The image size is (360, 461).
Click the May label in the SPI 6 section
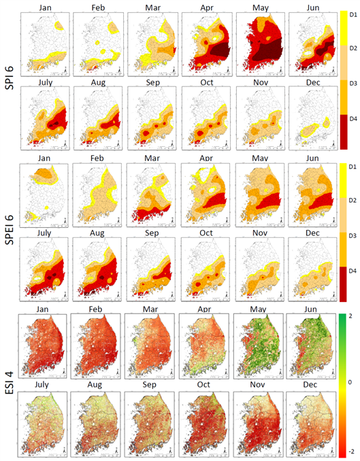(261, 8)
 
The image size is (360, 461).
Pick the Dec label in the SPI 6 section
(313, 83)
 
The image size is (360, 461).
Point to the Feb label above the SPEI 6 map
(97, 158)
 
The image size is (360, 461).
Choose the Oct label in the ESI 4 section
(203, 385)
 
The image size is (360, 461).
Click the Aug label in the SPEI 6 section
(97, 233)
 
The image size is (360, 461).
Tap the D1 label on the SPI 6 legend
(353, 14)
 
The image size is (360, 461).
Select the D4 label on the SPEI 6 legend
(353, 271)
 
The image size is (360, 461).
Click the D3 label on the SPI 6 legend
(353, 84)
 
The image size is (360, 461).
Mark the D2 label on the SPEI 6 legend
(353, 200)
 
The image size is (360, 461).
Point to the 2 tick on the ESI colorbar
(350, 316)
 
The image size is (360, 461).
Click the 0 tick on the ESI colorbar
(350, 383)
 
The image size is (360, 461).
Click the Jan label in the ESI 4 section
(43, 309)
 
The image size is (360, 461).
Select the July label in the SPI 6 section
(46, 83)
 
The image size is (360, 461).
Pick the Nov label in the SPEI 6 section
(260, 233)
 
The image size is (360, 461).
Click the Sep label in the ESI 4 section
(150, 385)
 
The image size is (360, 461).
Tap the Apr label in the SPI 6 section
(207, 8)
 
